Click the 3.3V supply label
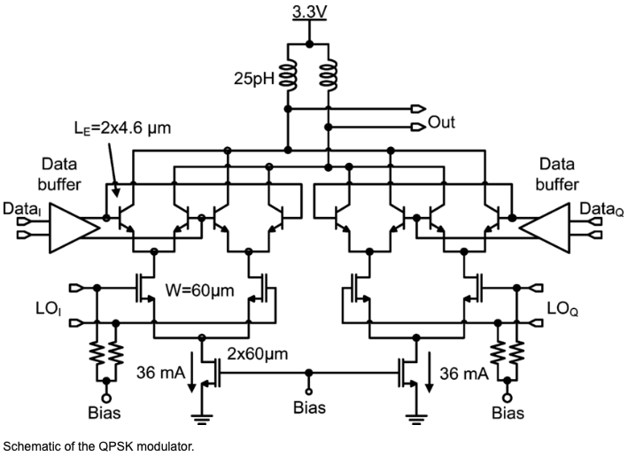(x=308, y=13)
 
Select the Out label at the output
(x=441, y=122)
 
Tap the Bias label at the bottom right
(x=508, y=412)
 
